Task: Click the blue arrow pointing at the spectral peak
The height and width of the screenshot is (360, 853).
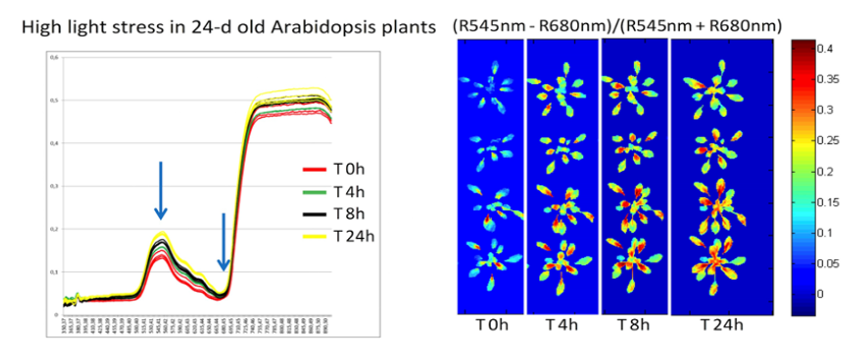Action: (160, 190)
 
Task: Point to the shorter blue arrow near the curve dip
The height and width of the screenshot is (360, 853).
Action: (224, 242)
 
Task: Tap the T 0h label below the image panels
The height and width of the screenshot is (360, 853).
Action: (490, 325)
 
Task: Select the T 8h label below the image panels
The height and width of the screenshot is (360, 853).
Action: (634, 325)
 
